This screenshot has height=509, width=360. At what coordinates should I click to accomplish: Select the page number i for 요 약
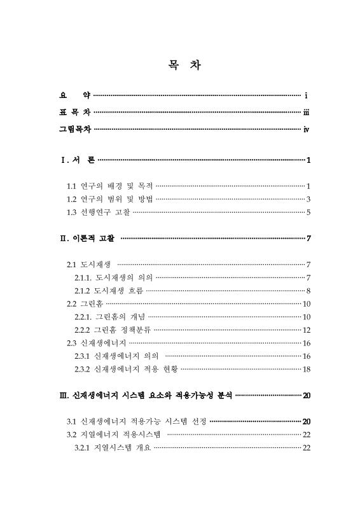307,96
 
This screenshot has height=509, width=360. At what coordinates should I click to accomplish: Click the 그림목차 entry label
74,130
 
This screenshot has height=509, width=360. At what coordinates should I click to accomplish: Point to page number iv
307,130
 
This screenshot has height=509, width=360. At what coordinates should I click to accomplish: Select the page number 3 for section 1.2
308,199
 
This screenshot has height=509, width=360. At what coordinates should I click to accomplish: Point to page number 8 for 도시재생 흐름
308,290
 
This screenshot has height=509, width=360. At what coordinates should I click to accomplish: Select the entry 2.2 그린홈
85,303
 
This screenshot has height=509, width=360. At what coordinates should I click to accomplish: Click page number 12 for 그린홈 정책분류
306,330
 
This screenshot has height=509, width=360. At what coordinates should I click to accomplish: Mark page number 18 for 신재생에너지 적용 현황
306,369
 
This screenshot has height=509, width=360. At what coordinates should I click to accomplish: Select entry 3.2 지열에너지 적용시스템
113,435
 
